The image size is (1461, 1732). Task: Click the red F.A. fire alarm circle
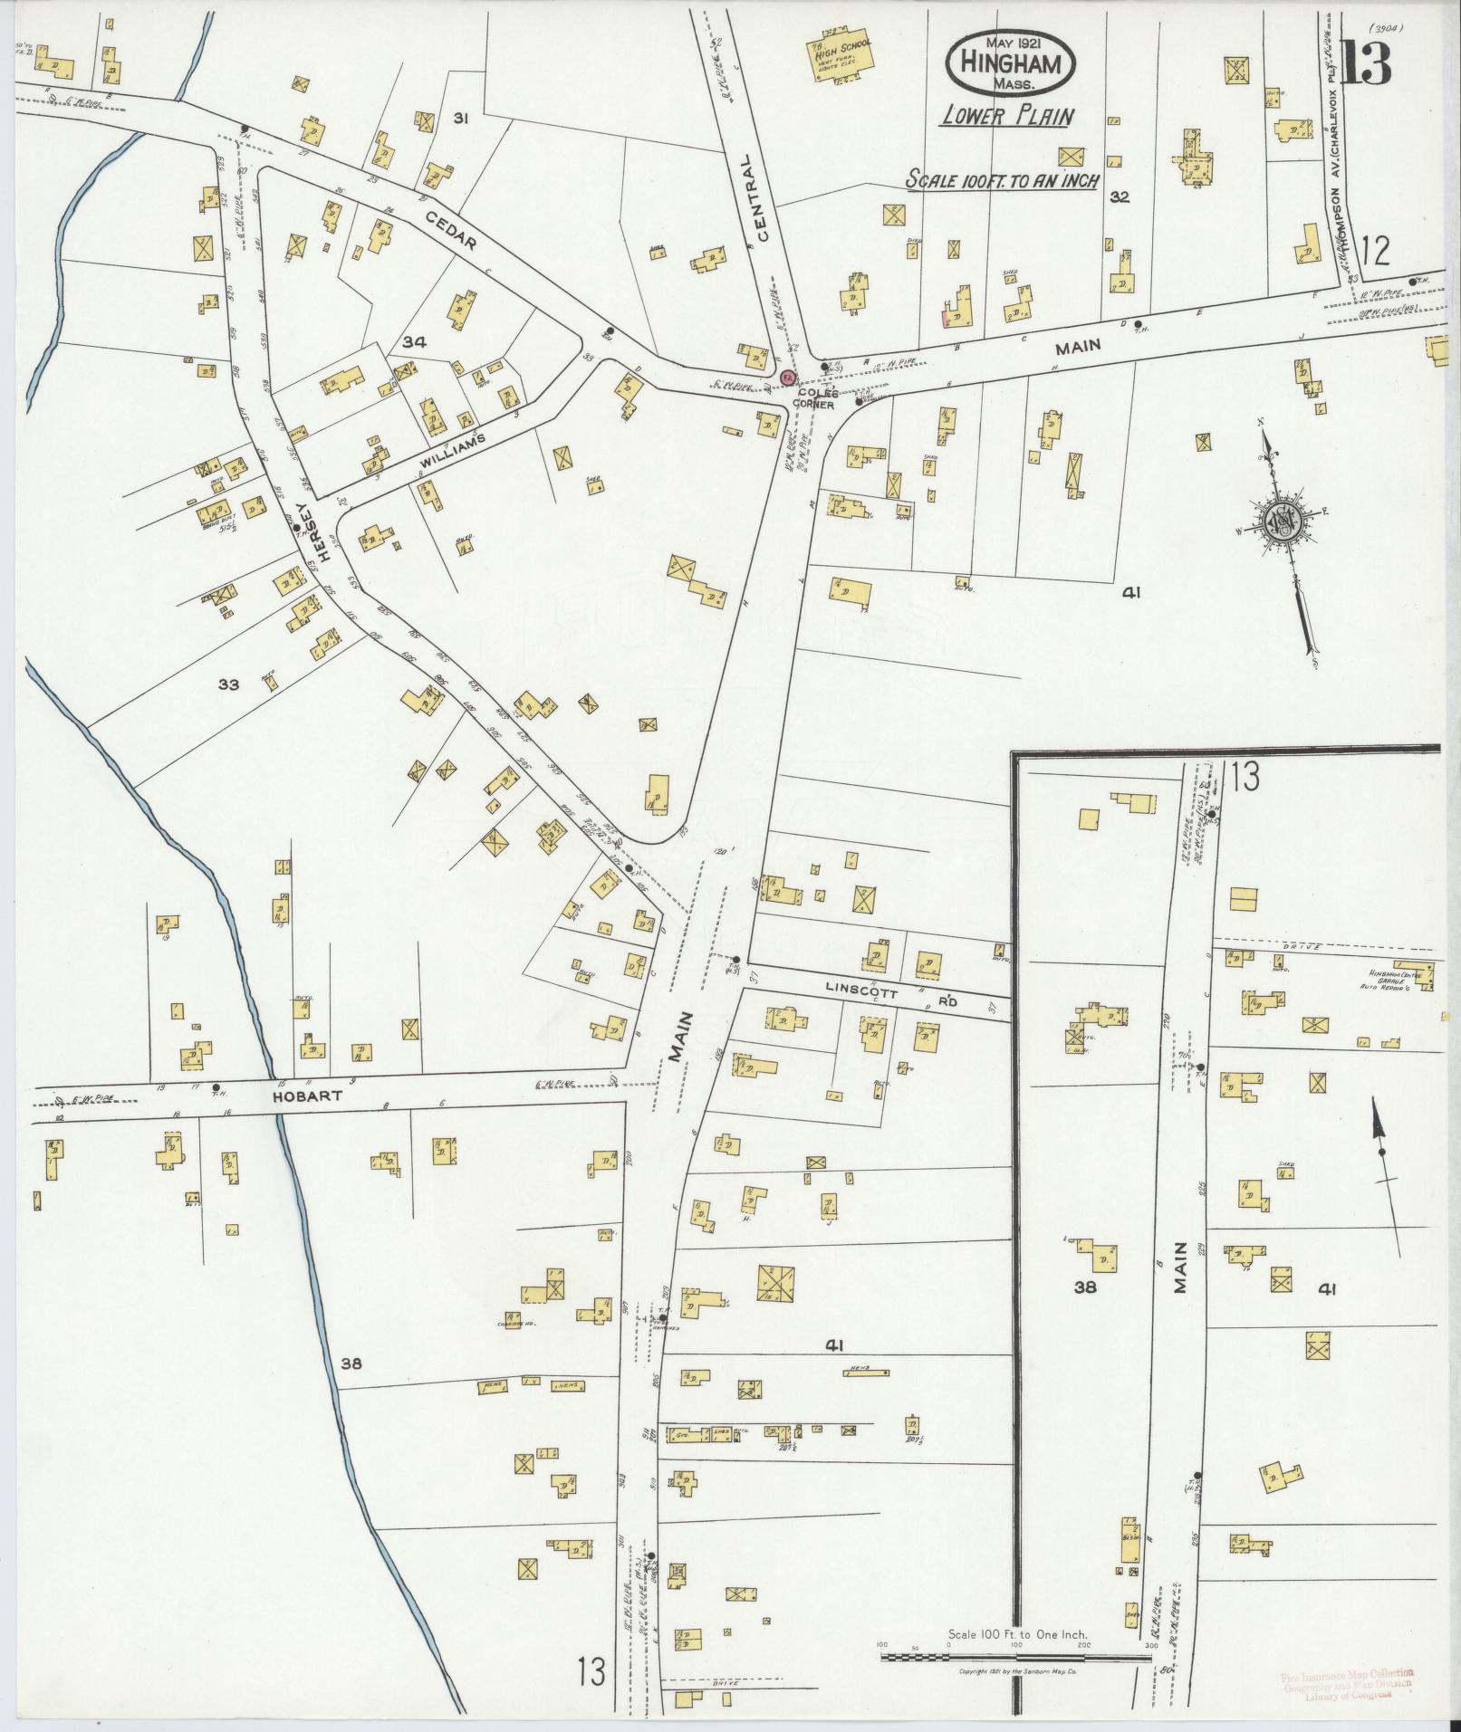788,377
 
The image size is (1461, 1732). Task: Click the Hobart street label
316,1096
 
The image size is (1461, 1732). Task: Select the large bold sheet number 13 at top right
1366,62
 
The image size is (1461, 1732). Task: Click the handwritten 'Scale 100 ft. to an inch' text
1004,180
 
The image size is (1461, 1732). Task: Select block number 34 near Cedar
415,341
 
